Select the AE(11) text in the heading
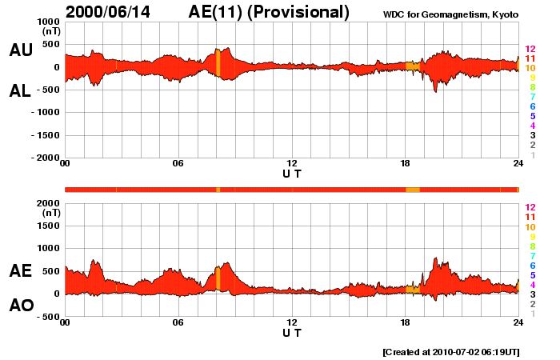point(222,12)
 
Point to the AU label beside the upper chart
point(21,50)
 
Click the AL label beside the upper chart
point(21,91)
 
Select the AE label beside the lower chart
point(21,271)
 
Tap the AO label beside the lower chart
point(21,305)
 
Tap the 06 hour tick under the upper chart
point(178,164)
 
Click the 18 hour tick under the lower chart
point(405,322)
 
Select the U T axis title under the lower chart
point(292,332)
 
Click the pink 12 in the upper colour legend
point(530,50)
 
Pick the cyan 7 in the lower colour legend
point(531,255)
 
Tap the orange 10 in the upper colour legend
point(530,69)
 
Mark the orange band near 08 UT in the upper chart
point(218,62)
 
